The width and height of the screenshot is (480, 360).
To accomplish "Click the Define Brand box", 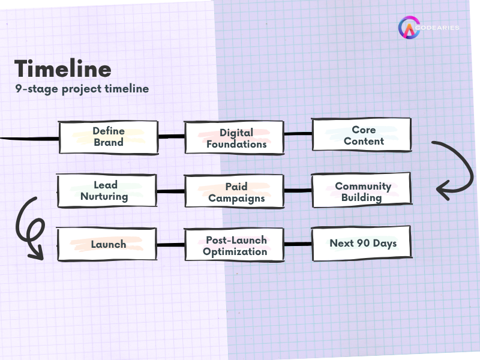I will pos(108,137).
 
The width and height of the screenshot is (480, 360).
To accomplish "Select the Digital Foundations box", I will pos(234,138).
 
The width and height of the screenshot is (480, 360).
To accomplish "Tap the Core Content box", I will pos(361,135).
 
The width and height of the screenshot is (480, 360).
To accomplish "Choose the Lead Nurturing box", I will pos(106,191).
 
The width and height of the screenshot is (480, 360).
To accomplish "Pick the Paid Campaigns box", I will pos(234,193).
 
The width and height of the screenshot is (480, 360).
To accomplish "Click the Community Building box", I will pos(361,191).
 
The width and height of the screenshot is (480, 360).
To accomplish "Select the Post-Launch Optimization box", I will pos(234,245).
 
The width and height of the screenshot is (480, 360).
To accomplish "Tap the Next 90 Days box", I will pos(361,244).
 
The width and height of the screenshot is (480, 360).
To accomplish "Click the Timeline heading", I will pos(63,68).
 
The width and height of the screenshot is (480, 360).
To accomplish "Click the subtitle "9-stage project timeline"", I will pos(82,88).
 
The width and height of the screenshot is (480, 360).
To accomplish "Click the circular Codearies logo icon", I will pos(409,28).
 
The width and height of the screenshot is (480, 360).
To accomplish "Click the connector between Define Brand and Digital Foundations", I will pos(171,137).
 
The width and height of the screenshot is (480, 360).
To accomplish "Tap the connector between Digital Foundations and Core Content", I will pos(298,134).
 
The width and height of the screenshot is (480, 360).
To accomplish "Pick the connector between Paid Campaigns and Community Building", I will pos(298,191).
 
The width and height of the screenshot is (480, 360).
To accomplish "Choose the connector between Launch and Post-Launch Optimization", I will pos(171,245).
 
